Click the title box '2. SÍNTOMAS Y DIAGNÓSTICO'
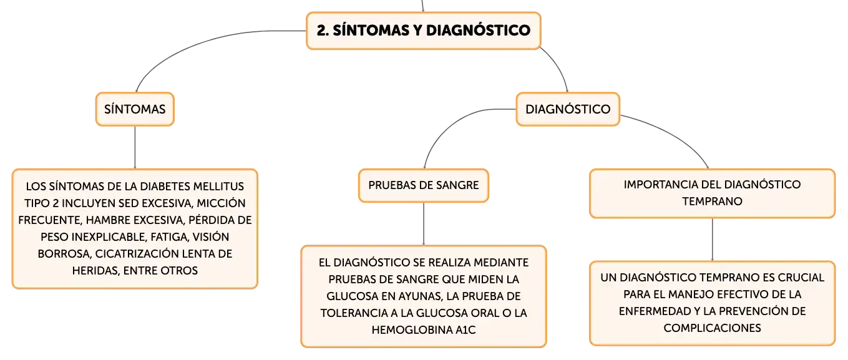pos(423,31)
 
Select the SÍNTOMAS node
pos(135,109)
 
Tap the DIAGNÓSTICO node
pos(568,109)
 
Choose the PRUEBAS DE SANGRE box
pos(424,185)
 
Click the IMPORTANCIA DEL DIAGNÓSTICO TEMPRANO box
pos(712,193)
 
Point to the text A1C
pos(465,330)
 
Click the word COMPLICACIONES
pos(712,328)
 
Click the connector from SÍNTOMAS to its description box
pos(135,147)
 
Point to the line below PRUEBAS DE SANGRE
pos(424,224)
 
